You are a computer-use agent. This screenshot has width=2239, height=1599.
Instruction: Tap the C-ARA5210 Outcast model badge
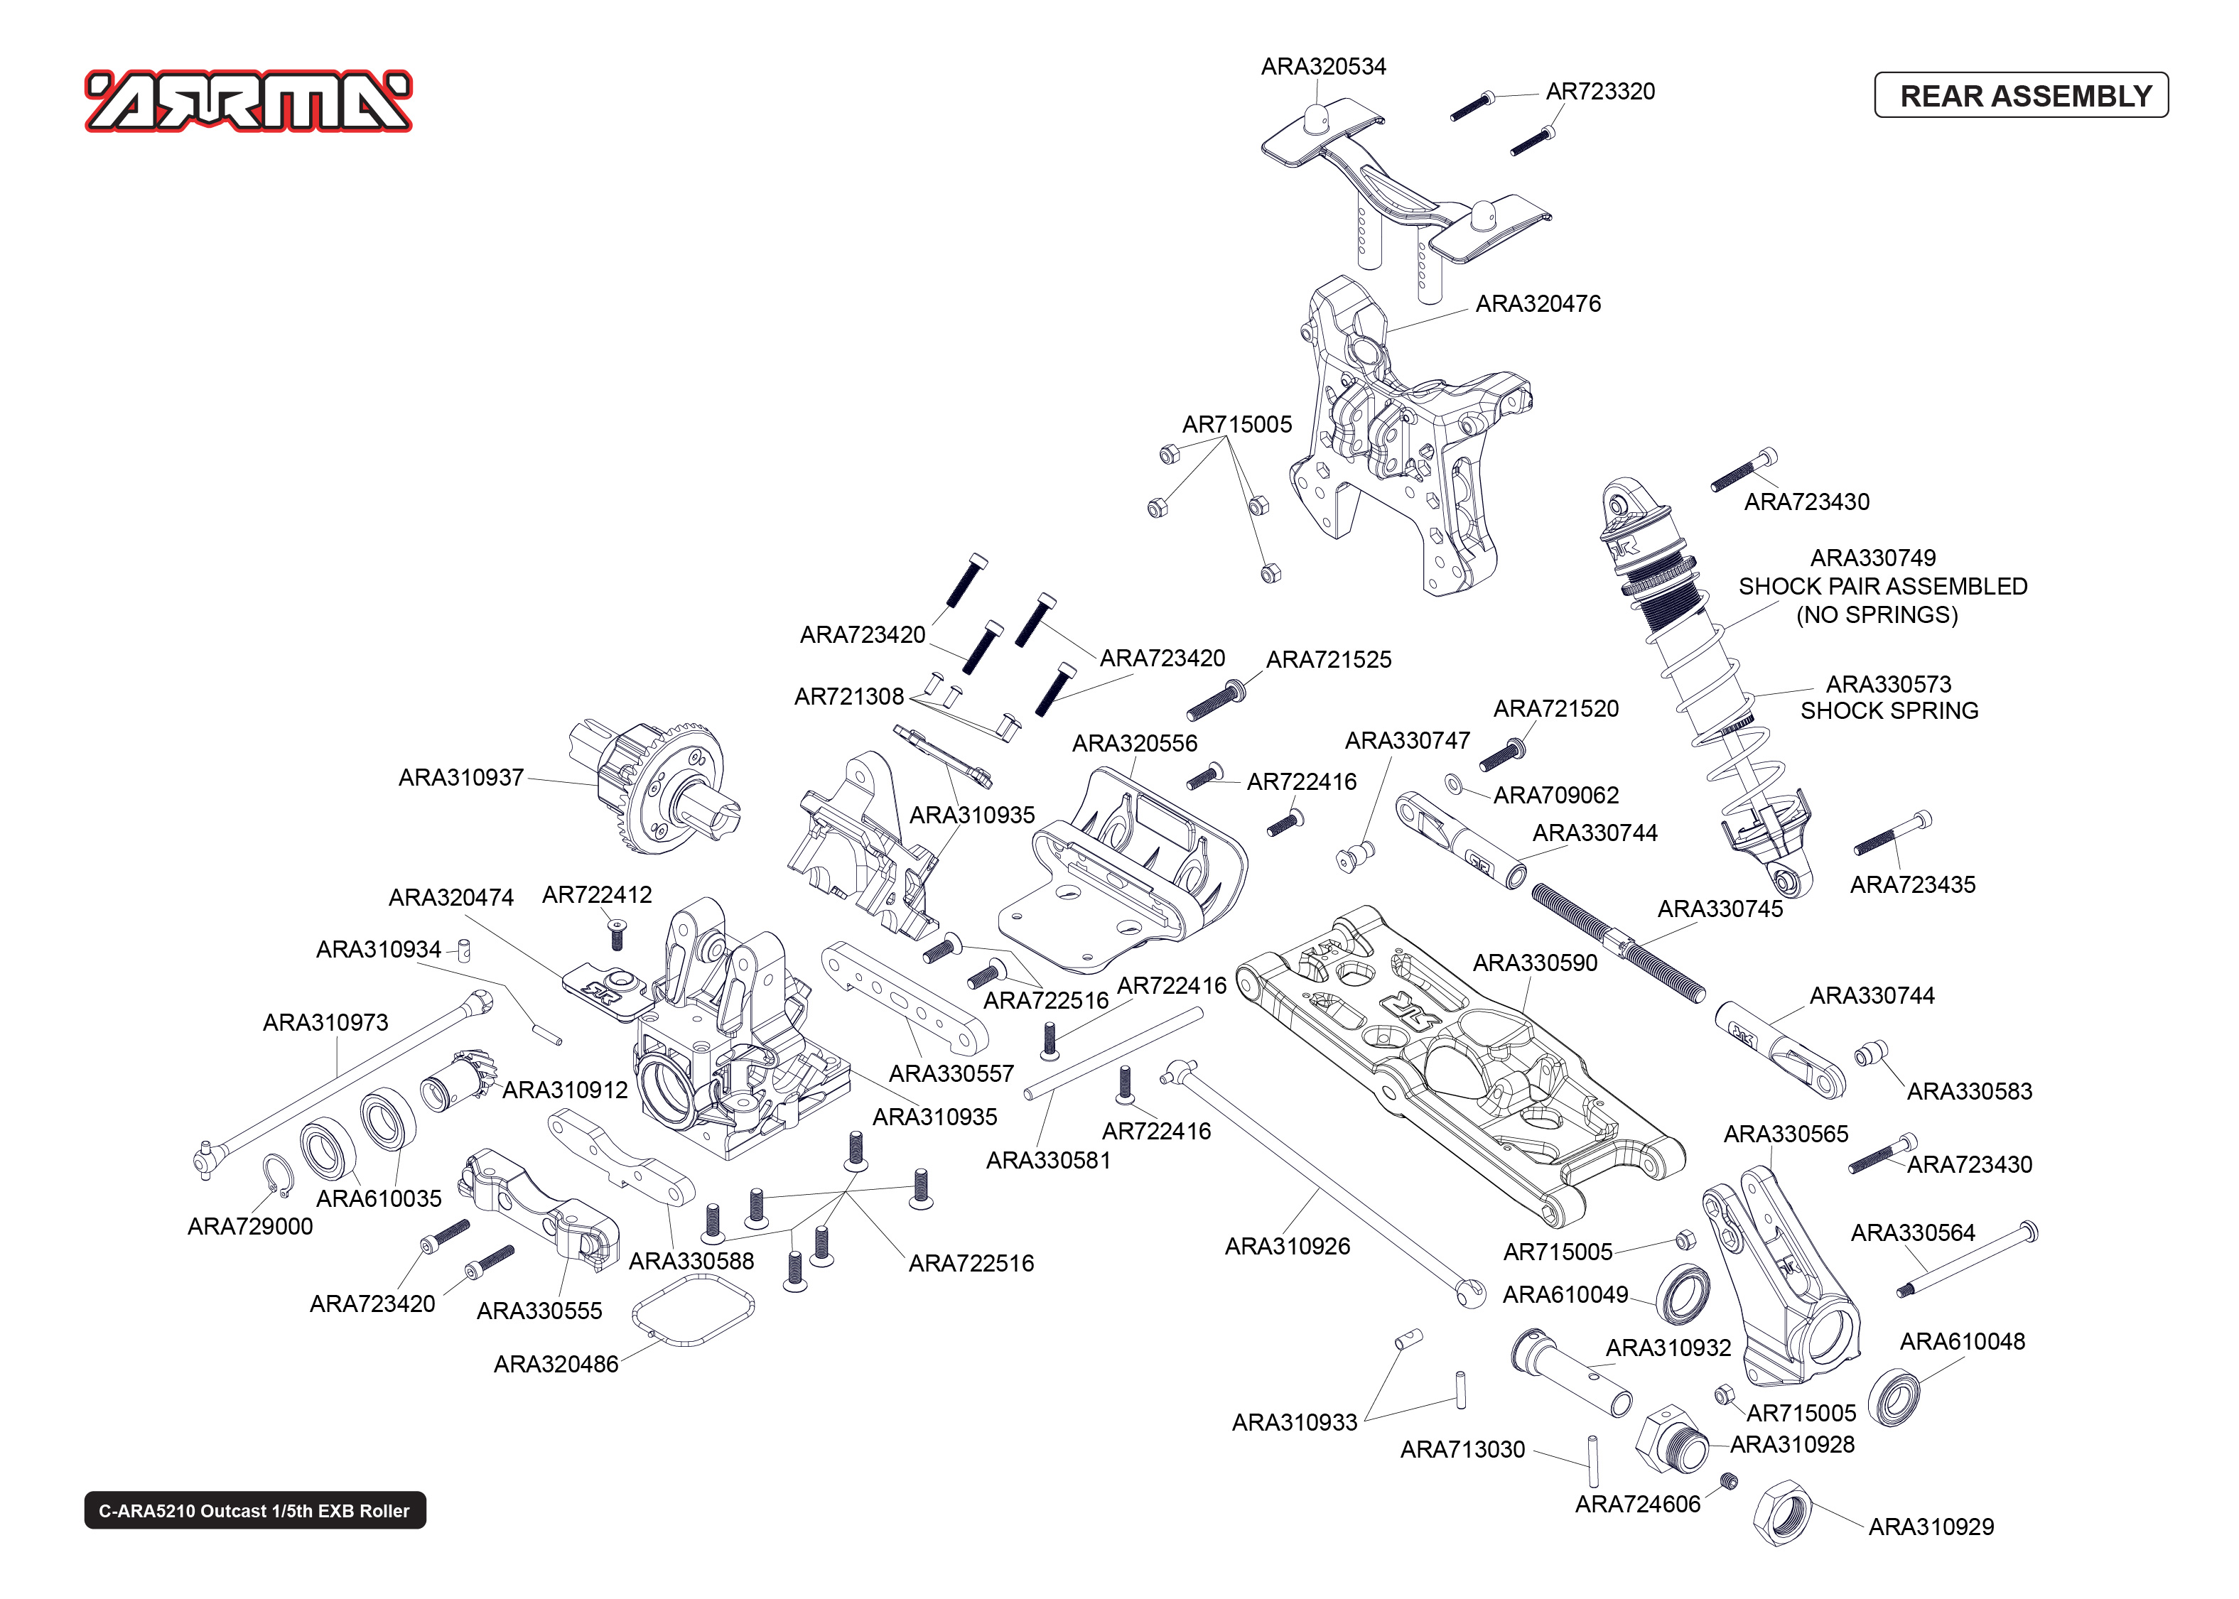tap(254, 1510)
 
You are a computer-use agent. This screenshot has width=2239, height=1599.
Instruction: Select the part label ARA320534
tap(1323, 66)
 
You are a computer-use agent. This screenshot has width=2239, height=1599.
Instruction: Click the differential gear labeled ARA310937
tap(658, 788)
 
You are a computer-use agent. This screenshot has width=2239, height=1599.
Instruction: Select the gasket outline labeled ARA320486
tap(694, 1309)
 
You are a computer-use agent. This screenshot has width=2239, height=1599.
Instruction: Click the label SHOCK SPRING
tap(1889, 711)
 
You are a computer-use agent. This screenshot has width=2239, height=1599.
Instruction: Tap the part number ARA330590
tap(1534, 963)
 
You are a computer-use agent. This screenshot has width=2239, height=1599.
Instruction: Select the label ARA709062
tap(1555, 795)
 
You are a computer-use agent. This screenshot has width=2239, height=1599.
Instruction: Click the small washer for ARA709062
tap(1453, 784)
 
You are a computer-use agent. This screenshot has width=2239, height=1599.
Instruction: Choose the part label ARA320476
tap(1538, 303)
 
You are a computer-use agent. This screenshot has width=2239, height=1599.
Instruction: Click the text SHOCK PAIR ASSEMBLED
tap(1882, 586)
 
